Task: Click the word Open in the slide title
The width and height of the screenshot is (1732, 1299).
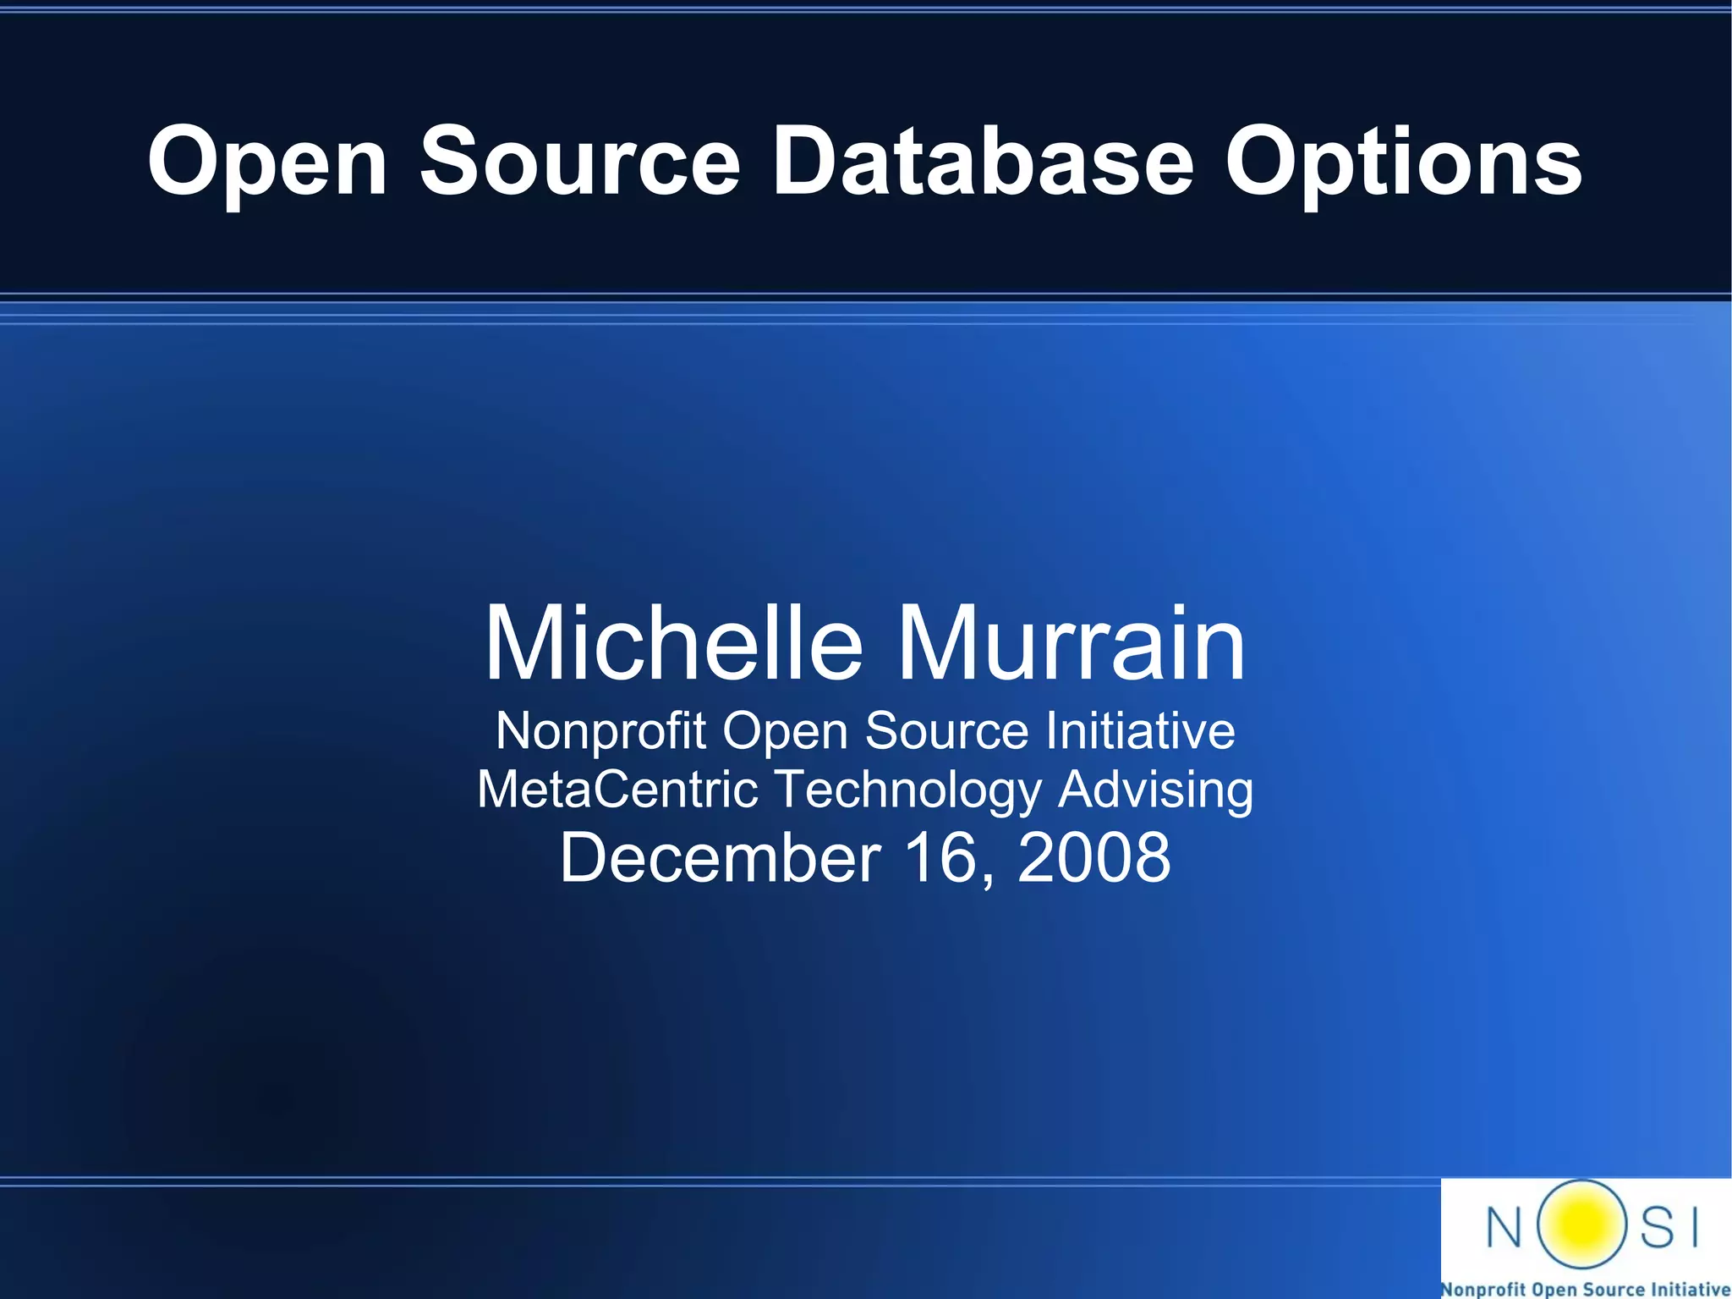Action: (267, 162)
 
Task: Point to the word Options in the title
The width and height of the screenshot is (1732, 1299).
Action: (1403, 162)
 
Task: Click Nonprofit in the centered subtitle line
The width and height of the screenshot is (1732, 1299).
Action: (600, 731)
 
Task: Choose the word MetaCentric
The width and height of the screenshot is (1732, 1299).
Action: (617, 789)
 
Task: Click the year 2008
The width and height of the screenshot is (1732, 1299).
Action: (1093, 857)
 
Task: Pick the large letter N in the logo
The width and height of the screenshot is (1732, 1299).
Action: (1505, 1226)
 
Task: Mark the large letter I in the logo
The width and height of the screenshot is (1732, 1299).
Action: (1694, 1226)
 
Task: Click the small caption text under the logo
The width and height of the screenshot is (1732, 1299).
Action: (1586, 1289)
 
